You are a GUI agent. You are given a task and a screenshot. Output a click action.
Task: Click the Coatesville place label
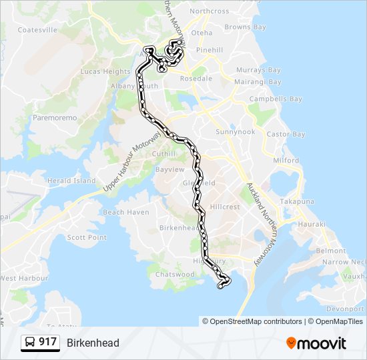point(37,30)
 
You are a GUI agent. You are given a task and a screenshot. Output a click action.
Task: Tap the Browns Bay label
point(245,27)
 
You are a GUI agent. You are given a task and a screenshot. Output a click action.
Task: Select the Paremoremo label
point(55,117)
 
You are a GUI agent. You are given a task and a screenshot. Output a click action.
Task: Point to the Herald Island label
point(71,181)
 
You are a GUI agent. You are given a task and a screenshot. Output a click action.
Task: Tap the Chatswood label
point(174,274)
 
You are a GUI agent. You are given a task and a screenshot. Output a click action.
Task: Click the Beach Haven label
point(126,212)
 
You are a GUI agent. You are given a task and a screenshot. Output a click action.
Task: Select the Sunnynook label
point(235,132)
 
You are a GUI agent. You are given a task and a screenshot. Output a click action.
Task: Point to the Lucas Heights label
point(105,71)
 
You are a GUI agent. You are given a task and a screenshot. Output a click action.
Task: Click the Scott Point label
point(87,237)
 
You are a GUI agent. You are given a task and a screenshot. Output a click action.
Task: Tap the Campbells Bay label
point(276,99)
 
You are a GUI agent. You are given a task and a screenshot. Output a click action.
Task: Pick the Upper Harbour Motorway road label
point(133,163)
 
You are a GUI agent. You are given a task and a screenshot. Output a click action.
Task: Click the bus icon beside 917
point(30,343)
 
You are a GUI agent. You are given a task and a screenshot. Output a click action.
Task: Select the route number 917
point(47,342)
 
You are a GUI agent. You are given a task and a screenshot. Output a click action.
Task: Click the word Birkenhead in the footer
point(93,343)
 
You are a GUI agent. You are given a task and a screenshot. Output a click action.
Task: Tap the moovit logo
point(316,343)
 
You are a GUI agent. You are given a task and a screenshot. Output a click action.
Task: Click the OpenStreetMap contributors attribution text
point(256,321)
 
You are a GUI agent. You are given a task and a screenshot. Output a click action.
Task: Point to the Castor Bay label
point(286,135)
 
